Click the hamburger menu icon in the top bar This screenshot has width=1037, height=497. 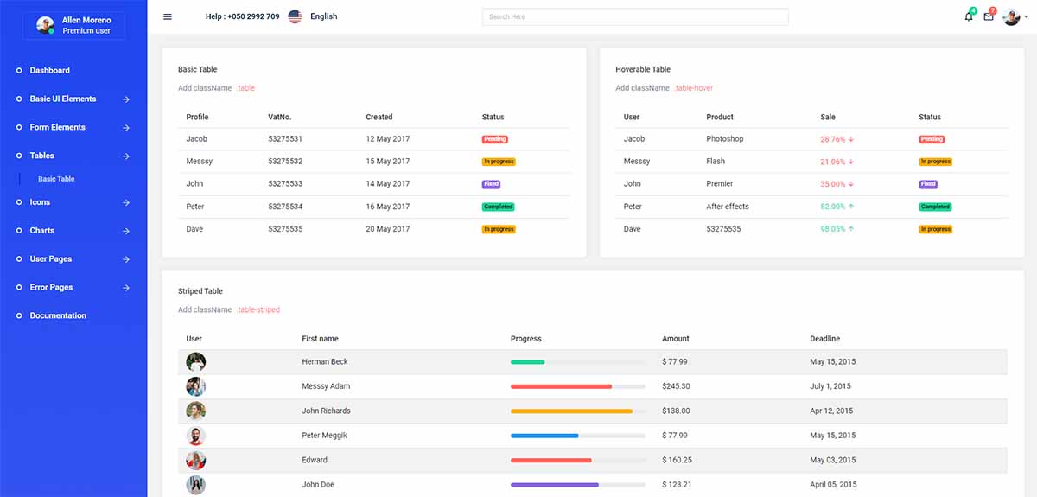coord(168,16)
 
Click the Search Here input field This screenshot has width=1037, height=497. coord(635,16)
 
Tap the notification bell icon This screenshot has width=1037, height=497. coord(969,16)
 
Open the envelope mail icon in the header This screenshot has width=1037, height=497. coord(989,16)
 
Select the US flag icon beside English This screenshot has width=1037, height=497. coord(295,16)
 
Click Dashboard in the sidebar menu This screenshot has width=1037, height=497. coord(49,70)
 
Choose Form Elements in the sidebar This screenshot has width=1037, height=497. coord(57,127)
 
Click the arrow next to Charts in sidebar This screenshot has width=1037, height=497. coord(126,231)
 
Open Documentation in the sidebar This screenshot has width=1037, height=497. coord(58,315)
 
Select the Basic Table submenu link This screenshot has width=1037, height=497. coord(56,179)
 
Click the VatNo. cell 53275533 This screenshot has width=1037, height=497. coord(285,183)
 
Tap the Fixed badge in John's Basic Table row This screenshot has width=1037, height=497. coord(491,184)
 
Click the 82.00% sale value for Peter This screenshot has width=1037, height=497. coord(833,207)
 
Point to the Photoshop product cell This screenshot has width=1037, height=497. coord(724,138)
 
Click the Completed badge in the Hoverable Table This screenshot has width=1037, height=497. coord(935,207)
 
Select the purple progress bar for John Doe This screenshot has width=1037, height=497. coord(555,485)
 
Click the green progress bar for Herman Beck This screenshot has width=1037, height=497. coord(528,362)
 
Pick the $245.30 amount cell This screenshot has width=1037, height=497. coord(676,386)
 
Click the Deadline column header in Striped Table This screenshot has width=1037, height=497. coord(824,339)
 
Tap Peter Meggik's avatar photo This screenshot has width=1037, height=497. coord(196,436)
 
